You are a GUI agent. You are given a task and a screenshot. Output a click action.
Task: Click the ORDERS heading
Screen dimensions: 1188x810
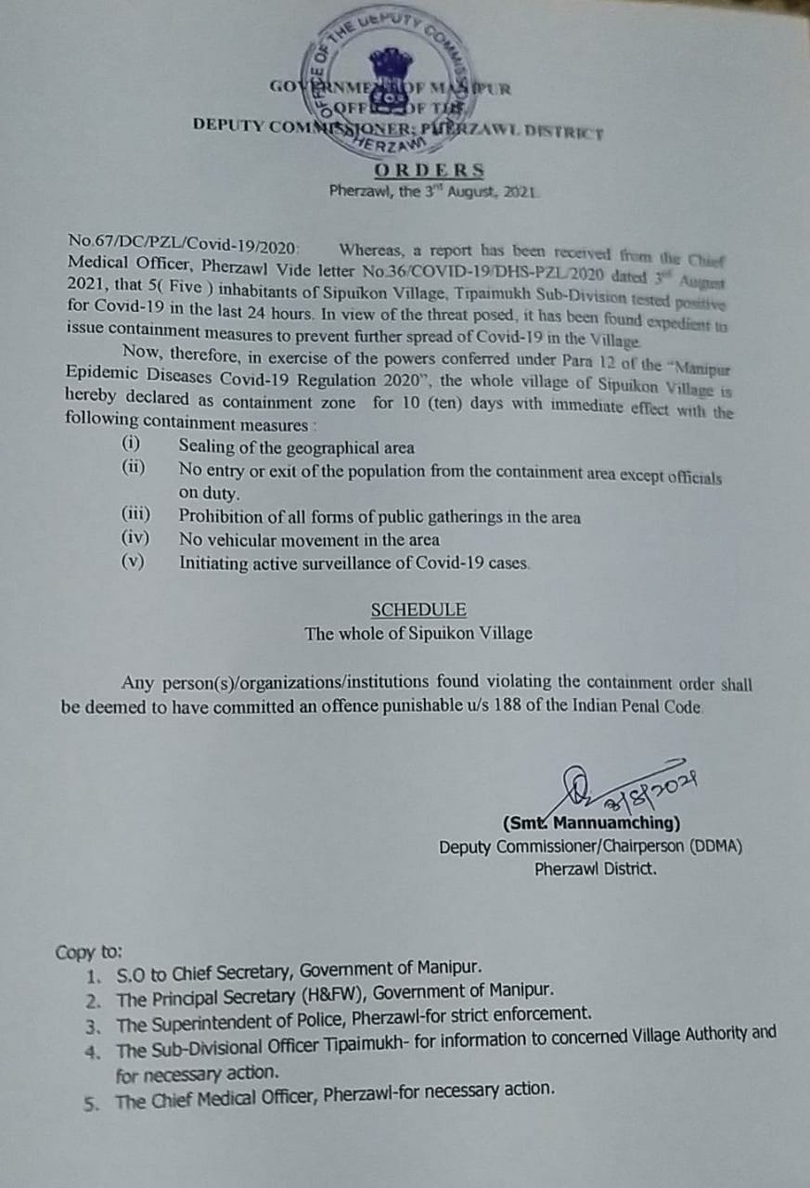point(430,171)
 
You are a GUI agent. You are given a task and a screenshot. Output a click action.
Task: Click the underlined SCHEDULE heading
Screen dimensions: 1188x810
point(418,610)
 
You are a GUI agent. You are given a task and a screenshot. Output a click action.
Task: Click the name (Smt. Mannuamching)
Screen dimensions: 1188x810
point(591,823)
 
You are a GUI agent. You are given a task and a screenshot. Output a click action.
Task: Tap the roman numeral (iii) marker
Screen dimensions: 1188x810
point(136,513)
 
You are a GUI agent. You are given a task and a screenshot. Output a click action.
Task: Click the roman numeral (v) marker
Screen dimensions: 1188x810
point(134,562)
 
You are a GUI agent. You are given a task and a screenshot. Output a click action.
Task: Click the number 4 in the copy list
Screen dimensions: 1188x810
point(93,1051)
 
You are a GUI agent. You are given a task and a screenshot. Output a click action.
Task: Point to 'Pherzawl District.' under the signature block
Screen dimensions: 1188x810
point(596,870)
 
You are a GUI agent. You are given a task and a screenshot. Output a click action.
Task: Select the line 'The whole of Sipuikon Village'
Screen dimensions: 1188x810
point(418,633)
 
